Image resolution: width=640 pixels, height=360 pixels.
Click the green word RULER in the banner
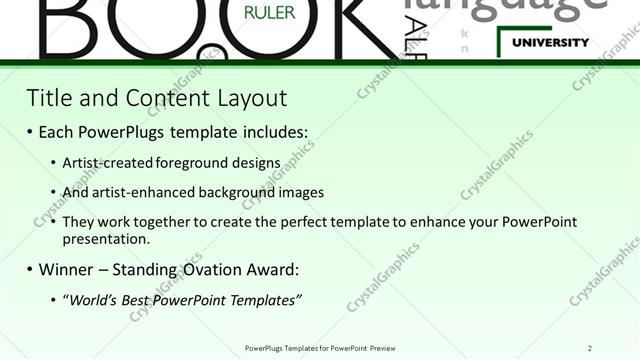(263, 14)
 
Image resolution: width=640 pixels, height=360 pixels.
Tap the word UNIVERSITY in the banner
(550, 43)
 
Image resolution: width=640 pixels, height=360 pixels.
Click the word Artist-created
(106, 162)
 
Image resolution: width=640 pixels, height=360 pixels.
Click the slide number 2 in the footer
(590, 347)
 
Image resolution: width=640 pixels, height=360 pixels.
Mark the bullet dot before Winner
(30, 269)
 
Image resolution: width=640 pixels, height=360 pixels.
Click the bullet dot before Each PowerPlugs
(30, 131)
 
